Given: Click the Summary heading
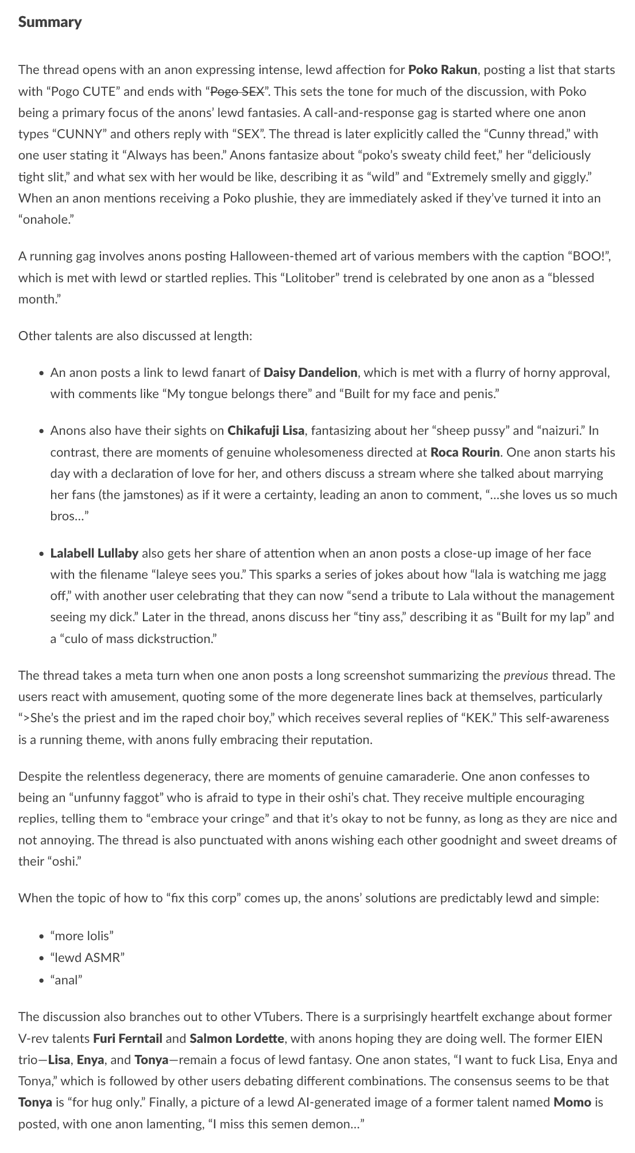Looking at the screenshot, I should [x=50, y=22].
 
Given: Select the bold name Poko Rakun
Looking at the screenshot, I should [x=442, y=70].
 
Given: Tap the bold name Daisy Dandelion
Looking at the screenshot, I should [x=310, y=373].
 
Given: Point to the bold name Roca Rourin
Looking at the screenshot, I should [x=465, y=452].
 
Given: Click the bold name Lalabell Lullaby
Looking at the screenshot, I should [x=94, y=554].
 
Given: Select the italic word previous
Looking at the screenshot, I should [x=525, y=675].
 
